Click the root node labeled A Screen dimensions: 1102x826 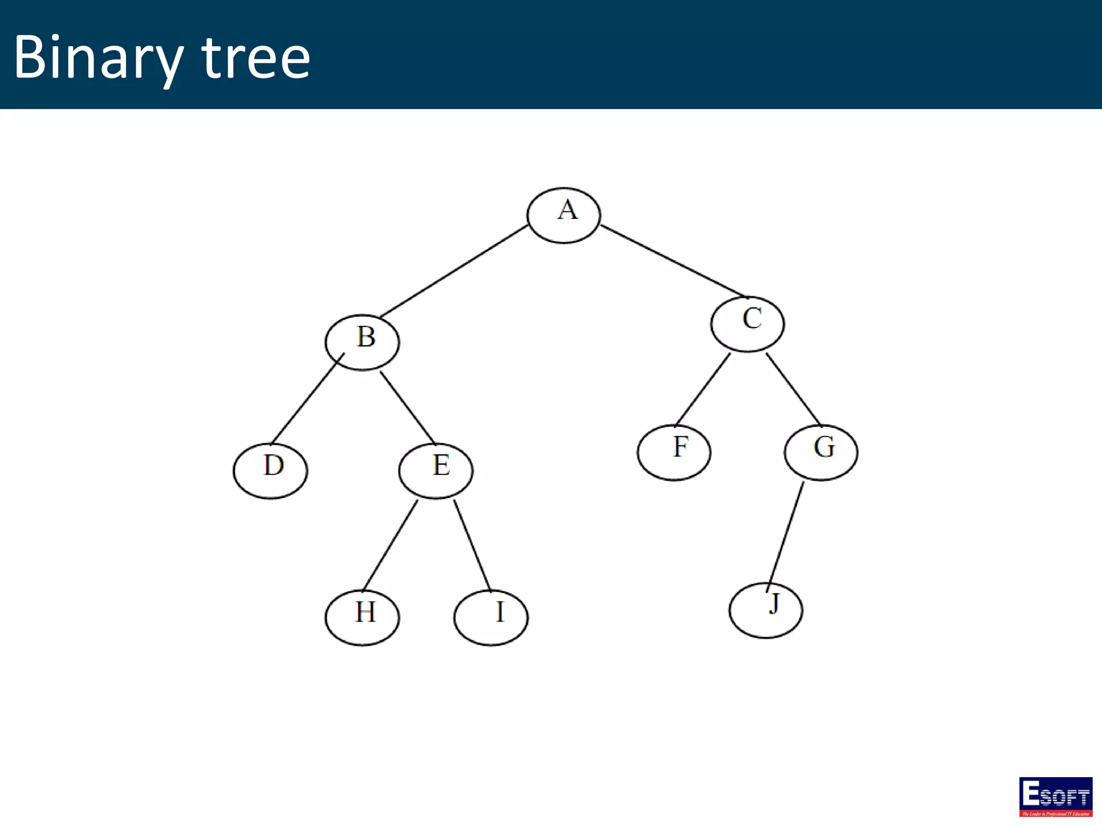pyautogui.click(x=563, y=215)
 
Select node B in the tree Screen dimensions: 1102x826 pyautogui.click(x=362, y=342)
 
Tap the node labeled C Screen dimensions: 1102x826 pyautogui.click(x=747, y=324)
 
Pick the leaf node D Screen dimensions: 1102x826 pyautogui.click(x=270, y=471)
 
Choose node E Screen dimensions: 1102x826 pyautogui.click(x=436, y=471)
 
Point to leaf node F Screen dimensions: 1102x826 pyautogui.click(x=674, y=452)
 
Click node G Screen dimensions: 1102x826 pyautogui.click(x=821, y=452)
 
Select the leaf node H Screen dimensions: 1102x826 pyautogui.click(x=362, y=617)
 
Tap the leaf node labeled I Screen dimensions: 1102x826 pyautogui.click(x=491, y=617)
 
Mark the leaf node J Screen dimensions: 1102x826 pyautogui.click(x=766, y=610)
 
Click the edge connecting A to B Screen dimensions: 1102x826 pyautogui.click(x=454, y=272)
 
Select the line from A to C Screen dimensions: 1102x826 pyautogui.click(x=673, y=261)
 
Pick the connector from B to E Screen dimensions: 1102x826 pyautogui.click(x=407, y=407)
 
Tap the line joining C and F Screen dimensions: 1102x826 pyautogui.click(x=703, y=389)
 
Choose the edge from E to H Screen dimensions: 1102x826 pyautogui.click(x=390, y=545)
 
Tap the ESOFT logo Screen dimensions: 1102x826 pyautogui.click(x=1055, y=796)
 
